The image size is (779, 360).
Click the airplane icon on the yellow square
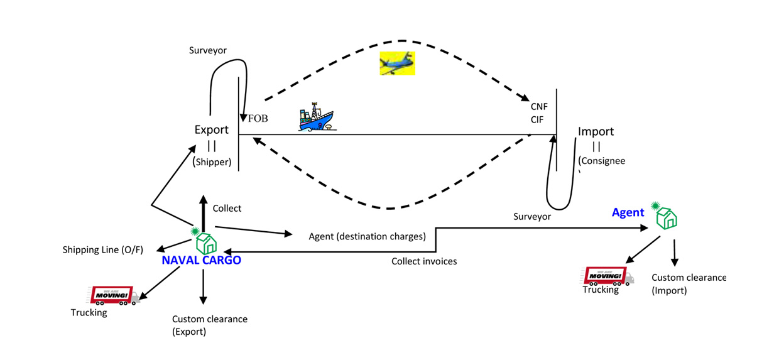coord(398,63)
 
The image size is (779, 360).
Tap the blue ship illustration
coord(315,119)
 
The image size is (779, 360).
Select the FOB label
coord(258,118)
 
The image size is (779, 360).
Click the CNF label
coord(539,107)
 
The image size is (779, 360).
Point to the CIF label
coord(537,119)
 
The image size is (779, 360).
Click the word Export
coord(212,130)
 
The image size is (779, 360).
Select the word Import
coord(596,132)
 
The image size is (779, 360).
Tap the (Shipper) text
coord(212,161)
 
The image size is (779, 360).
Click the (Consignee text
coord(601,161)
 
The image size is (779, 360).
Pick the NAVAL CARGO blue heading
coord(201,260)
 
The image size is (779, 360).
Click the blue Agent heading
coord(628,212)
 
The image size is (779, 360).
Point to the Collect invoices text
coord(424,261)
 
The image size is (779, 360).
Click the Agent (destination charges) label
coord(368,237)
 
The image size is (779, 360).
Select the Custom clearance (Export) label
coord(201,325)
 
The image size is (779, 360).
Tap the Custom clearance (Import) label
coord(689,283)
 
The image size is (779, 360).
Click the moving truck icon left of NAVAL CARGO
coord(114,295)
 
